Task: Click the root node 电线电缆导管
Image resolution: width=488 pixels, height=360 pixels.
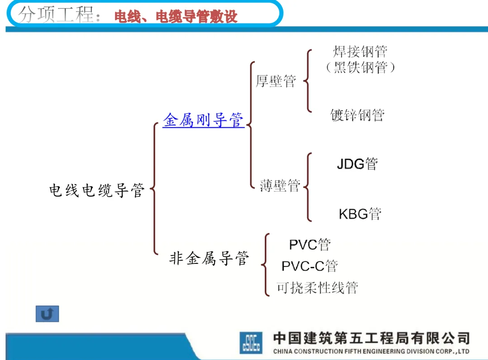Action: (97, 190)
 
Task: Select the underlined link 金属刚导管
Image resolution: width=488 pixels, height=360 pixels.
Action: (203, 120)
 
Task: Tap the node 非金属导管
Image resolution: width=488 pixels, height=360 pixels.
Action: (209, 258)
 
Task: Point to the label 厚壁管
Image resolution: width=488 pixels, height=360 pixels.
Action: (276, 81)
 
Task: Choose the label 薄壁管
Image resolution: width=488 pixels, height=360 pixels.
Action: (280, 185)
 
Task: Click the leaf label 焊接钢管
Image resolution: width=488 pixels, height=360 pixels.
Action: (360, 51)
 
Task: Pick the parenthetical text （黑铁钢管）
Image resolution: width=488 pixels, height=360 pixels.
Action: (360, 68)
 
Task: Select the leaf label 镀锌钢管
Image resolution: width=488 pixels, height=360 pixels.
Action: (357, 115)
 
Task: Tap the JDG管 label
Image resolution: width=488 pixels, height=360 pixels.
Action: (357, 164)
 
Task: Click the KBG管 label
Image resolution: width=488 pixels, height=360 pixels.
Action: (360, 213)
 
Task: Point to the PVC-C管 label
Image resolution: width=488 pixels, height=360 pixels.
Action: (310, 266)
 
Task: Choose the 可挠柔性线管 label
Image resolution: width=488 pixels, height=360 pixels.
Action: (317, 287)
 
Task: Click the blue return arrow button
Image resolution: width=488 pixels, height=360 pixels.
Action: (47, 314)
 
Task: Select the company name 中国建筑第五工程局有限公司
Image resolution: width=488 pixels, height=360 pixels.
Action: (371, 338)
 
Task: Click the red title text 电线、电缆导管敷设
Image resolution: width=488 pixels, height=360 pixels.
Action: (176, 17)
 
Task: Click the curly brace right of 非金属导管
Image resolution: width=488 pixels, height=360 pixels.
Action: (266, 265)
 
